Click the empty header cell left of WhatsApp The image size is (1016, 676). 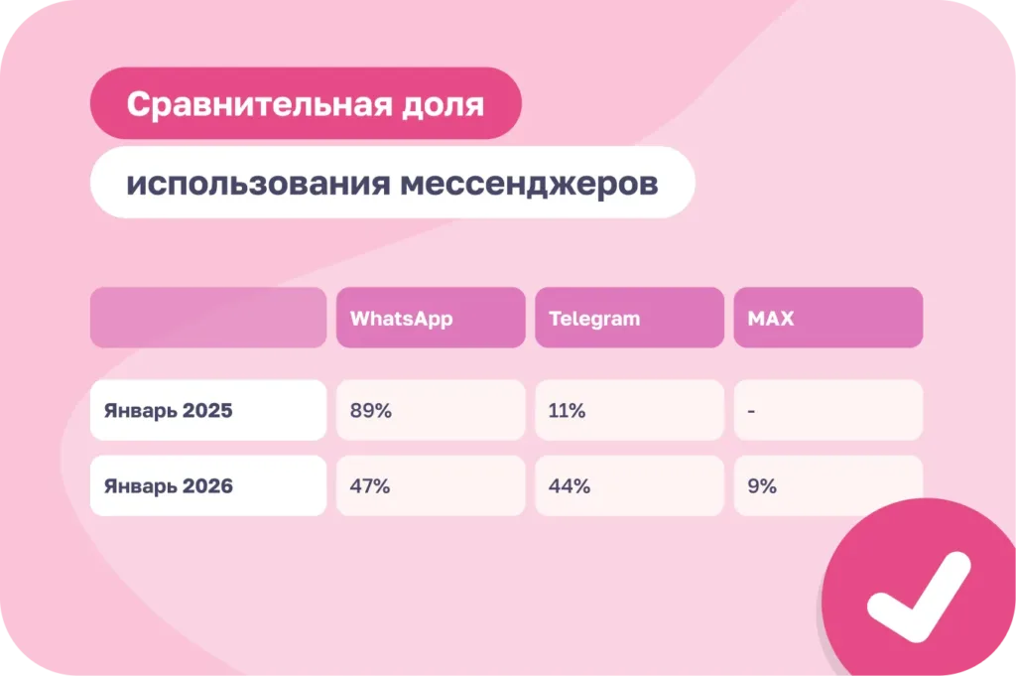point(208,318)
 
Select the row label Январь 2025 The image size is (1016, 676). point(168,410)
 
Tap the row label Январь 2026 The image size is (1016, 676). point(168,486)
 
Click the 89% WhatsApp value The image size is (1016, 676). point(370,410)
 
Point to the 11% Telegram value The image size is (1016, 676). point(567,410)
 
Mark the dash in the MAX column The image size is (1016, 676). point(751,410)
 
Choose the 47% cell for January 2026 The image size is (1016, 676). point(370,486)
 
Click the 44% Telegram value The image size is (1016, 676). point(570,486)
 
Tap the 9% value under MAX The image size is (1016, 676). point(762,486)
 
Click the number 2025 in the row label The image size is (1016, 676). point(207,410)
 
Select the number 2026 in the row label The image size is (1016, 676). point(207,486)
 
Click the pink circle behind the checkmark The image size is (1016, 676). point(863,556)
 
